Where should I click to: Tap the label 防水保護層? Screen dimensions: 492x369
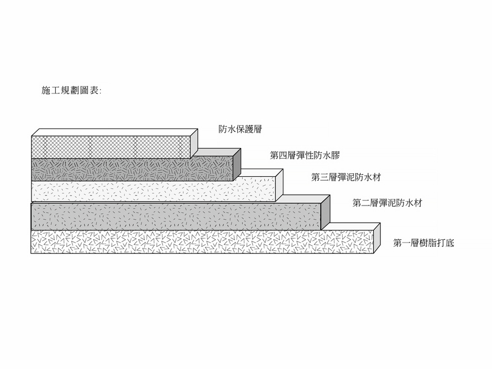pos(240,129)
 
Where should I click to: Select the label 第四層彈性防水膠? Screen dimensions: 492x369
pos(305,155)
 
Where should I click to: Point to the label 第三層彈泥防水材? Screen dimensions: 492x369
pos(346,177)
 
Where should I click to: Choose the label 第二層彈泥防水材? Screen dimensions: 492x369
pos(387,203)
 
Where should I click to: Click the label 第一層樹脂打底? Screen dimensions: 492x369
pos(423,243)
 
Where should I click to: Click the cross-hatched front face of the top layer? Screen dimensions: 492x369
pos(111,147)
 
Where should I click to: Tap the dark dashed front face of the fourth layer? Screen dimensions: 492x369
pos(132,169)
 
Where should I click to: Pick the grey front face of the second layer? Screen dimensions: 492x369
pos(176,217)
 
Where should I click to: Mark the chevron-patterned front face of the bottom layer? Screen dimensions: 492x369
pos(202,241)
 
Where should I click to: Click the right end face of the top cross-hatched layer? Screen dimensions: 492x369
pos(194,143)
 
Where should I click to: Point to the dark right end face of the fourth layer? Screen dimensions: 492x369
pos(237,165)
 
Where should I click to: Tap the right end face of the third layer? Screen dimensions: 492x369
pos(279,185)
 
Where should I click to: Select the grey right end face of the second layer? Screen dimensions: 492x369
pos(326,213)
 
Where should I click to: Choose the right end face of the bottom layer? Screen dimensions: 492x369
pos(377,238)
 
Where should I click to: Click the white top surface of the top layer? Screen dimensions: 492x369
pos(115,133)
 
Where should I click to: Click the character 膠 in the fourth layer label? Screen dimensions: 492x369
pos(336,155)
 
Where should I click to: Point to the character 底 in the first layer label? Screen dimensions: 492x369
pos(450,243)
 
